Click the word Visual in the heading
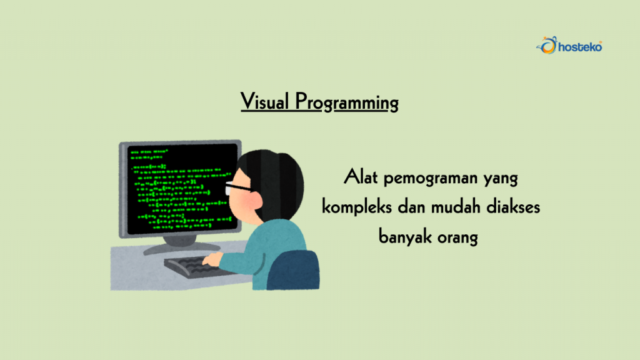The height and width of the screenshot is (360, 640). tap(264, 101)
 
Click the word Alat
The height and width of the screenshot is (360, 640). tap(361, 178)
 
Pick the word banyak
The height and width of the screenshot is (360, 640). tap(405, 237)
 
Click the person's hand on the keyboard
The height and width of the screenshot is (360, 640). tap(212, 259)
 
